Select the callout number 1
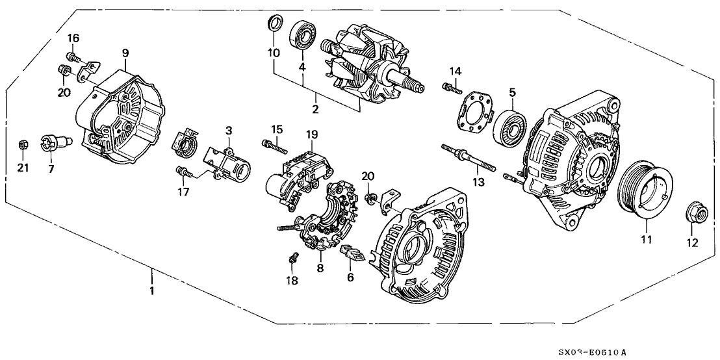pyautogui.click(x=152, y=291)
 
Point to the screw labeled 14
pyautogui.click(x=451, y=87)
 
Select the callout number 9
pyautogui.click(x=125, y=53)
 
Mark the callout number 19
pyautogui.click(x=311, y=135)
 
